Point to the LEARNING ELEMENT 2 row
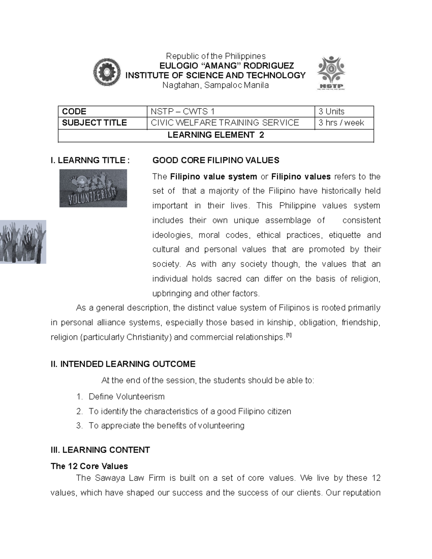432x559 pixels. coord(216,135)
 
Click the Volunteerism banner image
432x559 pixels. coord(93,188)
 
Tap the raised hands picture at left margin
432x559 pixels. coord(23,242)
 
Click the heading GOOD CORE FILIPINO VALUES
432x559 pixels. coord(216,160)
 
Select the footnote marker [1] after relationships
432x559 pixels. coord(288,336)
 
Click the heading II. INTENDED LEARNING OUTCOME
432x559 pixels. coord(123,364)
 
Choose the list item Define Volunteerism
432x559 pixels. coord(126,397)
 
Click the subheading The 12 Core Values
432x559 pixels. coord(89,466)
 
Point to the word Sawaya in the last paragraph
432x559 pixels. coord(108,478)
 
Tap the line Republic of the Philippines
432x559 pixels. coord(215,56)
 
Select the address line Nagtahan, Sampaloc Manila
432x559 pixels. coord(215,85)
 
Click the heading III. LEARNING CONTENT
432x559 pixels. coord(100,450)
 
